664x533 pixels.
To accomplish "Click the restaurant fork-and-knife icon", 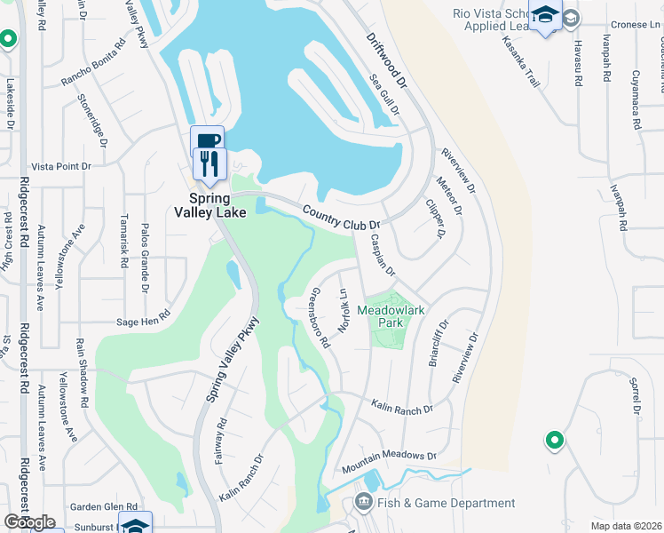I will (x=209, y=163).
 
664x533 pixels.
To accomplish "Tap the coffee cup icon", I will (x=207, y=140).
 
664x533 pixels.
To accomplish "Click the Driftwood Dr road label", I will (x=387, y=60).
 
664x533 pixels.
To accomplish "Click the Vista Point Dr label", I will (x=61, y=166).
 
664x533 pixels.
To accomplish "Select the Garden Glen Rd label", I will (x=104, y=506).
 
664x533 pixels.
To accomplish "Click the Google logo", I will (x=28, y=522).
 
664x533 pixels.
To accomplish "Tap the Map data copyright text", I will (x=627, y=526).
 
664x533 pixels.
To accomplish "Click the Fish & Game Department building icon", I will (x=363, y=503).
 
